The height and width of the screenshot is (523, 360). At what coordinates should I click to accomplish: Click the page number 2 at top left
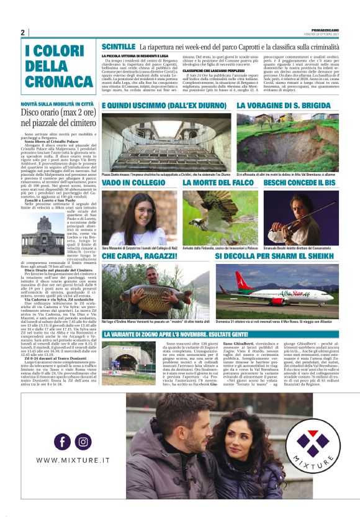pyautogui.click(x=22, y=32)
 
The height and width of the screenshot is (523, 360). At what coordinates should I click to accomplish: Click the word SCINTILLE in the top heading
pyautogui.click(x=119, y=47)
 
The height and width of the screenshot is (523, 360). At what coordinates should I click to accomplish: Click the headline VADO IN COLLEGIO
pyautogui.click(x=133, y=184)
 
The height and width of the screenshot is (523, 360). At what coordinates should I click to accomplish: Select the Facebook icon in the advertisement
pyautogui.click(x=62, y=442)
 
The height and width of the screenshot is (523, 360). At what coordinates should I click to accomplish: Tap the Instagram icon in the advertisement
pyautogui.click(x=84, y=442)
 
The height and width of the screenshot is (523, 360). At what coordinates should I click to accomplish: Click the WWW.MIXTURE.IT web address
pyautogui.click(x=72, y=460)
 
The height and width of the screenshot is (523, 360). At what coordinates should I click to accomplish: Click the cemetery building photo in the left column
pyautogui.click(x=38, y=232)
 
